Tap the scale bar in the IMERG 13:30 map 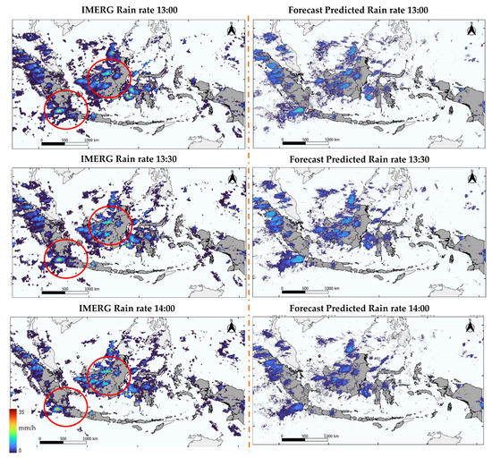click(x=65, y=290)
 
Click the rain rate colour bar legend click(x=13, y=423)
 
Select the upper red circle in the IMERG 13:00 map click(x=113, y=71)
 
